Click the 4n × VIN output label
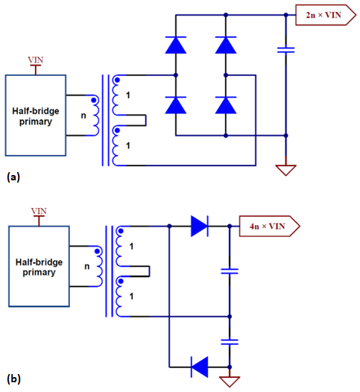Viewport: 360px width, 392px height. tap(268, 225)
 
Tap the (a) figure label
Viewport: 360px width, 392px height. tap(13, 178)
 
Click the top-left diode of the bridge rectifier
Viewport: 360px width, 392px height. tap(175, 45)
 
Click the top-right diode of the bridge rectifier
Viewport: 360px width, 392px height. tap(226, 45)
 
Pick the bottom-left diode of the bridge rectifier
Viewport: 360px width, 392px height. tap(175, 105)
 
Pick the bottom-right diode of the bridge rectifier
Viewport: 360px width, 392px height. tap(226, 105)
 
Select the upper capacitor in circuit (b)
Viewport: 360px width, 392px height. tap(230, 271)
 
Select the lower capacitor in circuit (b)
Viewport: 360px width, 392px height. tap(230, 341)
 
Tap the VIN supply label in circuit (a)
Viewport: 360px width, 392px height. tap(35, 59)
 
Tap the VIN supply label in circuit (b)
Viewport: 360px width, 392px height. tap(38, 211)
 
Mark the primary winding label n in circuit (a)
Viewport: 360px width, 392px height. tap(83, 116)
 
